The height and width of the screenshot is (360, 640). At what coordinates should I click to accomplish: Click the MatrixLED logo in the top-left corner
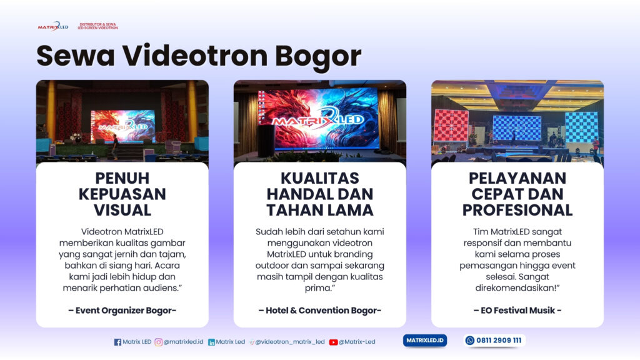tap(52, 26)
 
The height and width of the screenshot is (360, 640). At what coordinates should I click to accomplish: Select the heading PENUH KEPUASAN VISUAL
tap(122, 193)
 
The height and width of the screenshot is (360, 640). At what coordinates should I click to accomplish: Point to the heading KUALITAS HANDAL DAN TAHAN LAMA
tap(319, 193)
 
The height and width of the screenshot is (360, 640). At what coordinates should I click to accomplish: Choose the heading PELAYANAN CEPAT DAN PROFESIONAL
tap(517, 193)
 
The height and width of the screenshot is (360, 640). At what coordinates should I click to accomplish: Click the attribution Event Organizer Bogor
tap(122, 310)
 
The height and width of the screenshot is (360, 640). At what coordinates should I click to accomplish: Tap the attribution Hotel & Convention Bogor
tap(319, 310)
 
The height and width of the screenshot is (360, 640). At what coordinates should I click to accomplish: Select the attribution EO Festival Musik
tap(517, 310)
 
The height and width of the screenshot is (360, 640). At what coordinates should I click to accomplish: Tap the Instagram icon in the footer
tap(159, 342)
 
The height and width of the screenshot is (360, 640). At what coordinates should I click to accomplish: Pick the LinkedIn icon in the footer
tap(211, 342)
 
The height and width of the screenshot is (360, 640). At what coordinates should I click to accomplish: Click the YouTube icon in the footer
tap(333, 342)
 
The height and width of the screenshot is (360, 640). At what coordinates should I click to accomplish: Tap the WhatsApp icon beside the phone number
tap(470, 341)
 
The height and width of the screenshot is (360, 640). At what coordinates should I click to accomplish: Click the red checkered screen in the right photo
tap(451, 125)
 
